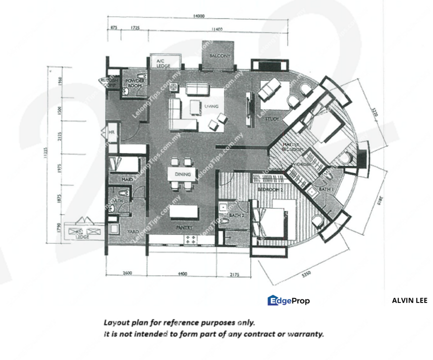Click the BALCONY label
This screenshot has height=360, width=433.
pos(219,56)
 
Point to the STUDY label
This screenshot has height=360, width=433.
pos(271,119)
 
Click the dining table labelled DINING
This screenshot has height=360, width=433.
pos(181,174)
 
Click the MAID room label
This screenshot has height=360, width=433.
pos(127,179)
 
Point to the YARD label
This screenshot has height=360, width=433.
pos(132,232)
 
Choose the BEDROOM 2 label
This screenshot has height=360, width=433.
pos(270,190)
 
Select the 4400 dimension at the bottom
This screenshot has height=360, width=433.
pos(181,273)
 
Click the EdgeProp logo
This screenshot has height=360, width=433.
pos(288,300)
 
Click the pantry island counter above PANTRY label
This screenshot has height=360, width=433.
pos(182,213)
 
